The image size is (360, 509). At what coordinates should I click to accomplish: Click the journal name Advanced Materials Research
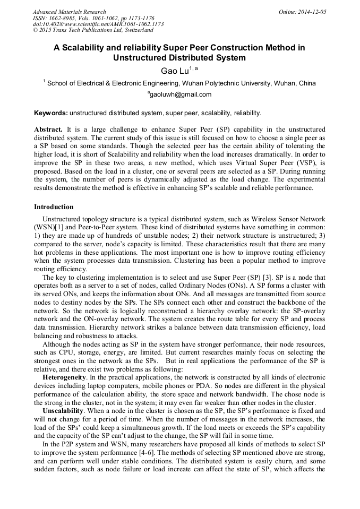(69, 12)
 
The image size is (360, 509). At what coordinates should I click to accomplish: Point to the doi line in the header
(98, 24)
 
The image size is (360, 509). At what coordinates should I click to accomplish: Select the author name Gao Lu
(175, 71)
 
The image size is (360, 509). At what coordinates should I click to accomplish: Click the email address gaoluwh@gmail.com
(181, 95)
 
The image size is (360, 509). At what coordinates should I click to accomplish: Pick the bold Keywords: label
(50, 113)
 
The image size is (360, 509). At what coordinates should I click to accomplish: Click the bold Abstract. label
(48, 130)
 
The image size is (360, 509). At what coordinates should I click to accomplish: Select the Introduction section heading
(54, 207)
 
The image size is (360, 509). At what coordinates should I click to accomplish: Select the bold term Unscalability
(63, 410)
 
